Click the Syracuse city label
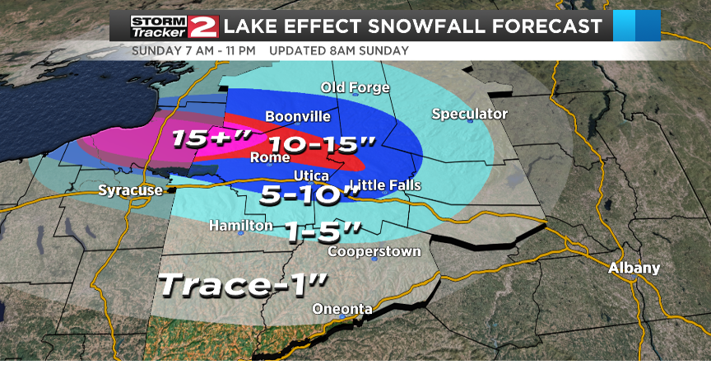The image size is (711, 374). coord(129,191)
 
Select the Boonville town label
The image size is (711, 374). coord(298,117)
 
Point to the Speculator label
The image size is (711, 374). coord(470,114)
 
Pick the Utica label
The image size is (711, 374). coord(312,177)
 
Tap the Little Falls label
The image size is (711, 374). coord(386,185)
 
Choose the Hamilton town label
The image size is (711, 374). coord(240,225)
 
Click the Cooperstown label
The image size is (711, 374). coord(374,251)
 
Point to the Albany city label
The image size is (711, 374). coord(634,269)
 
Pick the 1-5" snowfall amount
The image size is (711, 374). coord(325,233)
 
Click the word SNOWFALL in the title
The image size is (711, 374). coord(439,26)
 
